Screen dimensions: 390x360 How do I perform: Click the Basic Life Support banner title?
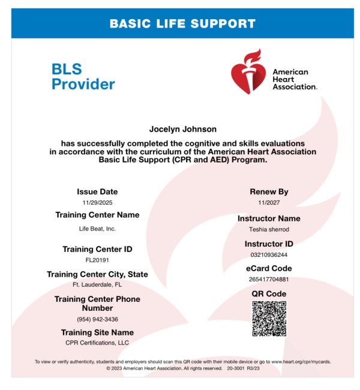coord(182,24)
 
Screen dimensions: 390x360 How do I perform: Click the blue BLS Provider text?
coord(83,77)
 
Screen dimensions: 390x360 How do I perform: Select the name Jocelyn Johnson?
coord(182,129)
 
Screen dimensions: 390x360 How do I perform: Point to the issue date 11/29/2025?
coord(97,203)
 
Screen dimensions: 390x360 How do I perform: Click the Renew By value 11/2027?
coord(269,203)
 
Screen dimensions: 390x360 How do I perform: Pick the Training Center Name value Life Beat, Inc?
coord(97,229)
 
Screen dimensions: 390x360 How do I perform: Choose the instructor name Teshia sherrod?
coord(269,229)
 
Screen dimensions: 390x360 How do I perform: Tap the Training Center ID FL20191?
coord(97,260)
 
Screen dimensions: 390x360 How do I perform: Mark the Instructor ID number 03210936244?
coord(269,254)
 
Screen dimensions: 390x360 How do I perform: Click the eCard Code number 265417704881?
coord(269,279)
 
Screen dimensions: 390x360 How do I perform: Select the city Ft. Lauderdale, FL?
coord(97,284)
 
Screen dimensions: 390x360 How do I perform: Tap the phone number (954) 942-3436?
coord(97,319)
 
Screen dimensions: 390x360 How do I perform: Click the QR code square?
coord(269,318)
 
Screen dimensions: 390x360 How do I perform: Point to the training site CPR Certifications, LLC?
coord(97,343)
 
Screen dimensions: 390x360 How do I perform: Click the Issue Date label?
coord(97,192)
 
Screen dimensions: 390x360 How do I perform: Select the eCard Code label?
coord(269,268)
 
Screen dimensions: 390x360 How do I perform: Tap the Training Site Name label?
coord(97,332)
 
